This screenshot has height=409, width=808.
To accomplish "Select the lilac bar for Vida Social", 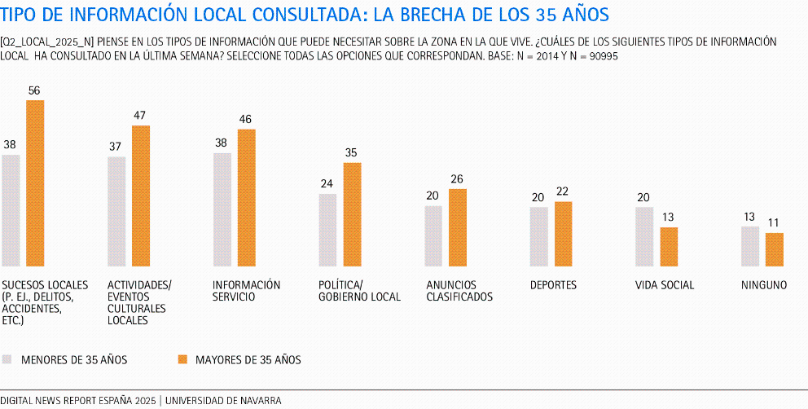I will tap(644, 236).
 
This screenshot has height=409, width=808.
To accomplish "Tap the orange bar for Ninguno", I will tap(775, 249).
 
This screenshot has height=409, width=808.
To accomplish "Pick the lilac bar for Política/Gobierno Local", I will tap(327, 230).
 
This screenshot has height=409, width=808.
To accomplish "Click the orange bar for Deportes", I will tap(564, 234).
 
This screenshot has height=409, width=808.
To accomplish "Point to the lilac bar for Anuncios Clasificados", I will tap(433, 235).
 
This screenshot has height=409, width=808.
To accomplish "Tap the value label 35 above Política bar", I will tap(352, 153).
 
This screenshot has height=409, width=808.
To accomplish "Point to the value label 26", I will tap(458, 179).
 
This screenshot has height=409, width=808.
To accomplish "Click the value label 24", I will tap(327, 184).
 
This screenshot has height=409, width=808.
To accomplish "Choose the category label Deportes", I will tap(553, 285).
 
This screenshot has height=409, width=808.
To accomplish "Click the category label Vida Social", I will tap(665, 285).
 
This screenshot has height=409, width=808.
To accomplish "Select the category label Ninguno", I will tap(764, 285).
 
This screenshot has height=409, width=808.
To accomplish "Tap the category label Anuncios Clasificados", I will tap(459, 291).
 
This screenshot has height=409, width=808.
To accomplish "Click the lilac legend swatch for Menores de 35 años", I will tap(7, 359).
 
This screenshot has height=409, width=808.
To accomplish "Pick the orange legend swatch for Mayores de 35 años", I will tap(182, 359).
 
